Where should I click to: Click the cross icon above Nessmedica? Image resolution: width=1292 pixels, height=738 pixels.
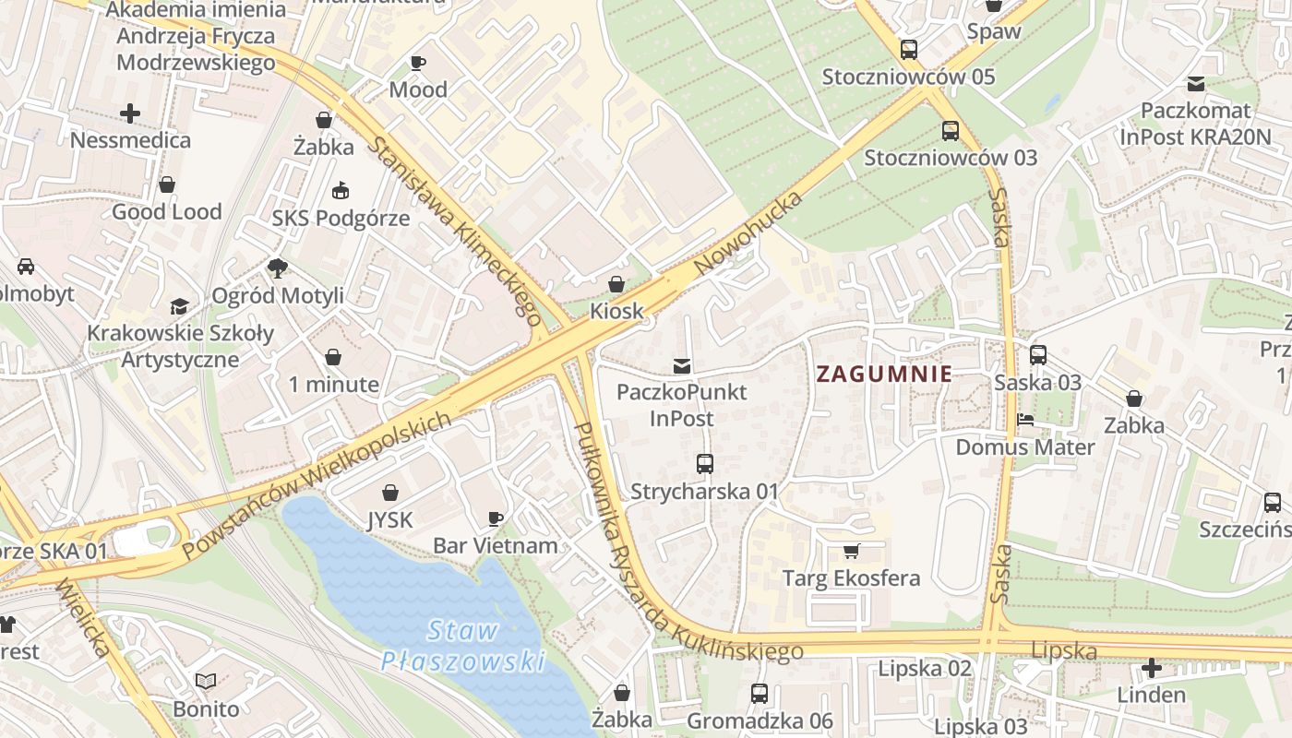point(130,113)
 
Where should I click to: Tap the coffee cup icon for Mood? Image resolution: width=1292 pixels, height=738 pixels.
point(418,63)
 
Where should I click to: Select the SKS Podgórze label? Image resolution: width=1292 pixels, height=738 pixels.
point(341,219)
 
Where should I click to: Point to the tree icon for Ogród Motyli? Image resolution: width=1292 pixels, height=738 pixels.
point(277,268)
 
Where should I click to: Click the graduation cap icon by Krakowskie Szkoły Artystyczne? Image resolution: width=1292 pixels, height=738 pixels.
point(179,306)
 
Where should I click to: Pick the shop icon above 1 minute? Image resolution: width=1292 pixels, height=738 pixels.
point(333,357)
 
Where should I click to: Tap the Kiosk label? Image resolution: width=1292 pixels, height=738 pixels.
point(616,311)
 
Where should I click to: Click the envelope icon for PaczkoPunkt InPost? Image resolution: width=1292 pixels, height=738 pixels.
point(682,365)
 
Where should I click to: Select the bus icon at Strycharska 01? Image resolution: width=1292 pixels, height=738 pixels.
point(705,464)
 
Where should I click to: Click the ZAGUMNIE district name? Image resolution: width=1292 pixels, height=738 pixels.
point(884,374)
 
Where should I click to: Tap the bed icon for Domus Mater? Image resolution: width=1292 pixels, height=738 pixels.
point(1024,421)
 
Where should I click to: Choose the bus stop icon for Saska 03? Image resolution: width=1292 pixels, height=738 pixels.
point(1038,355)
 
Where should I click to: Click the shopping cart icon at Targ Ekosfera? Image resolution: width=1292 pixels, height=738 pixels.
point(851,552)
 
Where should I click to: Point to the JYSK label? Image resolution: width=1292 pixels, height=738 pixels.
point(390,519)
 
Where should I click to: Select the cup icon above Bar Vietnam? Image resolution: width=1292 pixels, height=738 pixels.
point(496,518)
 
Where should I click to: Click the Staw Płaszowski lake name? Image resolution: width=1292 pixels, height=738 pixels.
point(463,646)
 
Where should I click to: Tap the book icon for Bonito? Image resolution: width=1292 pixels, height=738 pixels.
point(206,682)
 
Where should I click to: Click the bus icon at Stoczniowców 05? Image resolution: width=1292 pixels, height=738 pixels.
point(909,50)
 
